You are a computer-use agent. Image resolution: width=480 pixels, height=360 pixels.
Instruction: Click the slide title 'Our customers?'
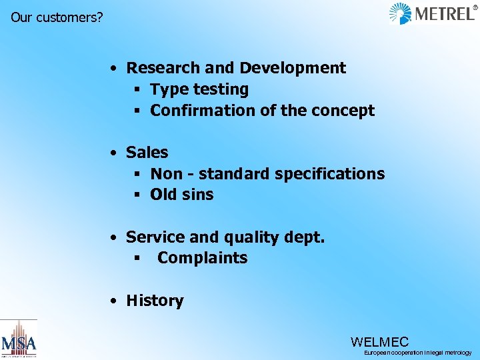coord(57,17)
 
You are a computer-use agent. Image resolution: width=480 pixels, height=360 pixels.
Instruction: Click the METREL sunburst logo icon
coord(400,13)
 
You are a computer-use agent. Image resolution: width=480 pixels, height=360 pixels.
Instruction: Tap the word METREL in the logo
coord(443,13)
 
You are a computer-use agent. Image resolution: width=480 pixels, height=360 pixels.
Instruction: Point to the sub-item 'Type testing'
coord(199,89)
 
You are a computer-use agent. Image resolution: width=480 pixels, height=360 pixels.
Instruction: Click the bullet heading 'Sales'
coord(147,153)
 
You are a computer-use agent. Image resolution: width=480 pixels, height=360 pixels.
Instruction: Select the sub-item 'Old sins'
coord(182,195)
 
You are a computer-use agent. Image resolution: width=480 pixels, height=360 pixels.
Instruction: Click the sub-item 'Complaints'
coord(202,258)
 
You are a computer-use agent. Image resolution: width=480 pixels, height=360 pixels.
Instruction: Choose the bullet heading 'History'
coord(155,301)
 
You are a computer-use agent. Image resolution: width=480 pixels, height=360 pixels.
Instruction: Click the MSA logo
coord(19,340)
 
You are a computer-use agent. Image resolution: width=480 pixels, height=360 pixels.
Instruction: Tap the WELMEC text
coord(379,342)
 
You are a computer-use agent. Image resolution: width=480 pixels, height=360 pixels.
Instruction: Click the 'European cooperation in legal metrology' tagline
coord(417,353)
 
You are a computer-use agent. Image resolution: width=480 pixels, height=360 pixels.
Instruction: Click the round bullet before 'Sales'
coord(115,153)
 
